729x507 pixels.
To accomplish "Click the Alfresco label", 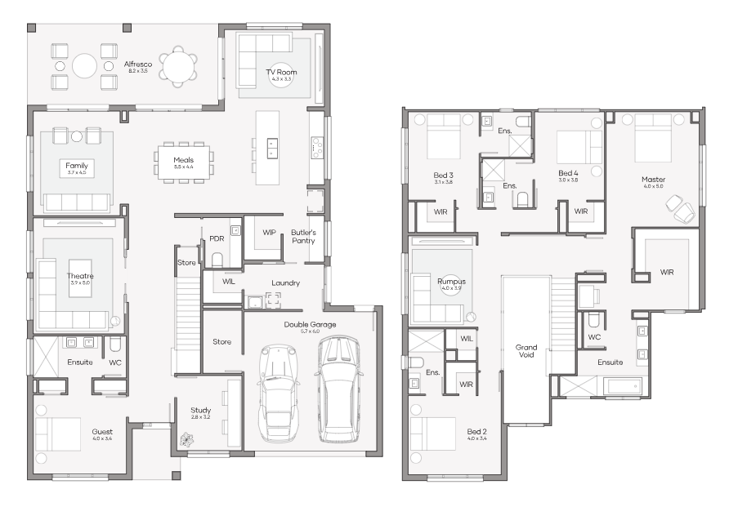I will click(138, 64).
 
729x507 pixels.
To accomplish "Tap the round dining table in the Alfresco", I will click(178, 64).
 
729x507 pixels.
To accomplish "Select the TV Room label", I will click(280, 73).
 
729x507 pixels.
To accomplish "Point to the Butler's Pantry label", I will click(303, 237).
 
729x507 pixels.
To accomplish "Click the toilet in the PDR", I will click(217, 260).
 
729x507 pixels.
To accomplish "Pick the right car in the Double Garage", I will click(337, 388).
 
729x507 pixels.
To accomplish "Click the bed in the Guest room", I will click(58, 434).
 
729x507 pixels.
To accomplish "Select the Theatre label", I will click(79, 276).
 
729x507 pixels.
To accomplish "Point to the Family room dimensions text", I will click(77, 172).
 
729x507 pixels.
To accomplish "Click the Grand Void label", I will click(526, 351).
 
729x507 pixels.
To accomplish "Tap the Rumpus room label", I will click(451, 282).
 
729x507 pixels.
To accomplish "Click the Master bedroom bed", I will click(653, 135).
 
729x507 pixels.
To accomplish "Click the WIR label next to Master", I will click(666, 272).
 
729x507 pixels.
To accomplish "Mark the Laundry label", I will click(285, 283).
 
